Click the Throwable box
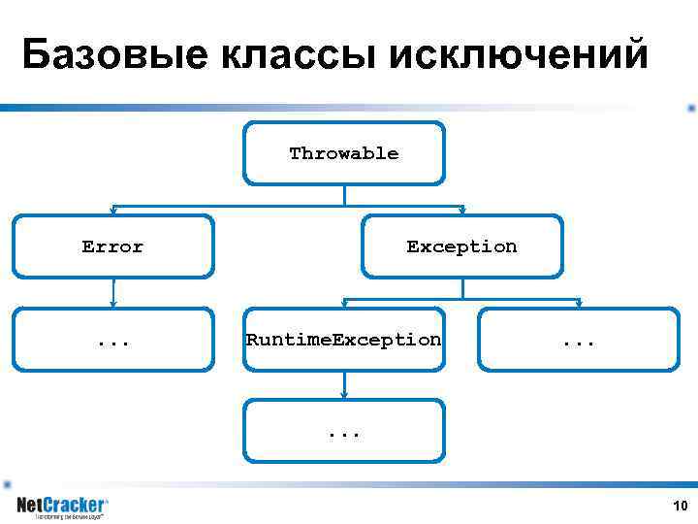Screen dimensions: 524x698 point(344,153)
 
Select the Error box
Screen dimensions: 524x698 point(113,246)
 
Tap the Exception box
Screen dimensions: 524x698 point(461,246)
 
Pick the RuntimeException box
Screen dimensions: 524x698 point(344,340)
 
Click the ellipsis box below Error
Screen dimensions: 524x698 point(113,340)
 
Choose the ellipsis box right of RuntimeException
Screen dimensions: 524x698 point(579,340)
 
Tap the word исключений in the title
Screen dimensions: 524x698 point(519,55)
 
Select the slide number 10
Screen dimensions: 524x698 point(680,506)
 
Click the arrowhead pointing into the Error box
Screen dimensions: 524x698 point(113,211)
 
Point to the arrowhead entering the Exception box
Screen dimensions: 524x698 point(462,211)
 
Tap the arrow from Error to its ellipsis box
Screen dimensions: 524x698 point(113,291)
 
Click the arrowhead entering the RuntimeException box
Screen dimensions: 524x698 point(344,304)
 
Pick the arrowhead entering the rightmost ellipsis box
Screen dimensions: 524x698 point(579,304)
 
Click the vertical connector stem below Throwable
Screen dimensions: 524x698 point(344,194)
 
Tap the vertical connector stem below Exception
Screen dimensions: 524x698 point(462,287)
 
